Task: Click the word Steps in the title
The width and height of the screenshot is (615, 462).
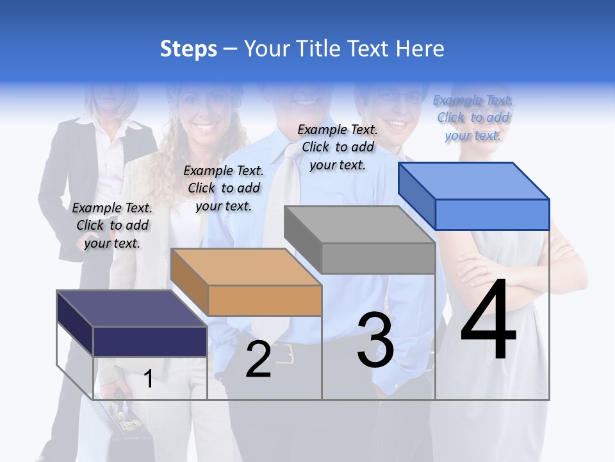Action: pyautogui.click(x=188, y=49)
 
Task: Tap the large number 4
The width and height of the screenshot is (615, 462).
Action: pyautogui.click(x=488, y=321)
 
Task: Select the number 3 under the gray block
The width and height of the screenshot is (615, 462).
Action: pyautogui.click(x=375, y=339)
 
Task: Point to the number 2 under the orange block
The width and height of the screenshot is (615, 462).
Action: pyautogui.click(x=258, y=359)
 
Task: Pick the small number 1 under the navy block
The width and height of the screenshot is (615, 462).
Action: pyautogui.click(x=148, y=379)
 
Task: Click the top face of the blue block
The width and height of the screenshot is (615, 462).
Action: pyautogui.click(x=473, y=180)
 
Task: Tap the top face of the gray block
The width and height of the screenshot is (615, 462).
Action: pyautogui.click(x=359, y=224)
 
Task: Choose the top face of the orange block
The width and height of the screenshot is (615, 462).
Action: pyautogui.click(x=245, y=266)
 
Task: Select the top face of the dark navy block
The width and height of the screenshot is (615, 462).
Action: pyautogui.click(x=131, y=309)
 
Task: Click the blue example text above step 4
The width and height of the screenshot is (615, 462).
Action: pyautogui.click(x=473, y=117)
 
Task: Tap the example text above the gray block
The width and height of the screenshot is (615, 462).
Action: pyautogui.click(x=338, y=147)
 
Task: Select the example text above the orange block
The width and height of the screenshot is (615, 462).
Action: pyautogui.click(x=224, y=188)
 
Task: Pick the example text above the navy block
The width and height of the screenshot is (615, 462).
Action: pyautogui.click(x=112, y=225)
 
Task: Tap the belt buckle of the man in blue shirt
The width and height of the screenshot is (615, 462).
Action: pyautogui.click(x=284, y=352)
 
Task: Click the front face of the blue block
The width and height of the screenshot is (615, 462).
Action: pyautogui.click(x=492, y=214)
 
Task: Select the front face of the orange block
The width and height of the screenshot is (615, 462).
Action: pyautogui.click(x=265, y=300)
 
